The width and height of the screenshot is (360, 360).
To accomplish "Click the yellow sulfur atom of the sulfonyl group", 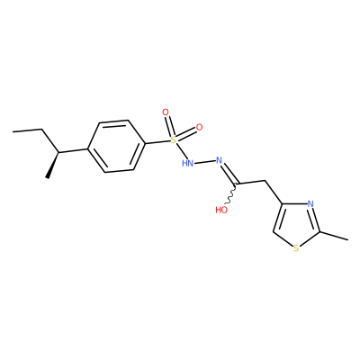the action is click(x=173, y=139).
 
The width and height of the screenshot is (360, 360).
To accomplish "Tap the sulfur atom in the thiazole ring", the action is click(x=296, y=248).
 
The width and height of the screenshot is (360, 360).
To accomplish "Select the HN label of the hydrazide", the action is click(x=187, y=163).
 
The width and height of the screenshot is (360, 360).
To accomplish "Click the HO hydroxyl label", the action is click(x=221, y=210).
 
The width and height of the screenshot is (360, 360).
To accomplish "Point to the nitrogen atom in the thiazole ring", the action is click(x=310, y=204).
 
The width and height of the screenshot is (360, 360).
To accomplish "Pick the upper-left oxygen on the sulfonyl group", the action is click(x=166, y=112).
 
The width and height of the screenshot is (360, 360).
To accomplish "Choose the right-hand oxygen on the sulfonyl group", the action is click(x=199, y=127).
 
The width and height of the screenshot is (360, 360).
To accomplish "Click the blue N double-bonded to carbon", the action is click(x=220, y=160).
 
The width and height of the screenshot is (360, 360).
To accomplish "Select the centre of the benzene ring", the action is click(x=116, y=147).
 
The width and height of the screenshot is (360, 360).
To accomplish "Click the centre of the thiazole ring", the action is click(x=297, y=225).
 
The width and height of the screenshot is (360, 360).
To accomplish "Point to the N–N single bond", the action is click(x=205, y=162).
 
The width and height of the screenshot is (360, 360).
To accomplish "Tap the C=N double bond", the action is click(x=229, y=174).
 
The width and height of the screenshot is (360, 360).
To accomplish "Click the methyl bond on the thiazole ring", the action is click(x=335, y=236).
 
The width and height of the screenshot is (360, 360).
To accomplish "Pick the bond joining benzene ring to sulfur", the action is click(x=157, y=142).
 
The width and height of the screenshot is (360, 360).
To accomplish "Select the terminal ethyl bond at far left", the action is click(x=27, y=130).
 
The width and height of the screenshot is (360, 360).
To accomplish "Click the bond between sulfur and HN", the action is click(x=181, y=151).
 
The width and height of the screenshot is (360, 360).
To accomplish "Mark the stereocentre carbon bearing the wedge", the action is click(x=58, y=152).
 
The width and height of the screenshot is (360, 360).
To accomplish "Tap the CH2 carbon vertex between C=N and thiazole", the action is click(x=265, y=181).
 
